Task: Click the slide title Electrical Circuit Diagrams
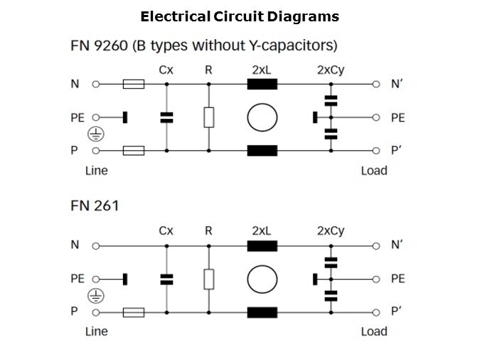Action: click(240, 16)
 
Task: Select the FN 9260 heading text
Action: click(203, 46)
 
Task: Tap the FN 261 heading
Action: click(95, 206)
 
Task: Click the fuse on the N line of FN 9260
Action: click(134, 84)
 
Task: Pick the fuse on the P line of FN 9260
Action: click(134, 151)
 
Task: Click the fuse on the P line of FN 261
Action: click(134, 312)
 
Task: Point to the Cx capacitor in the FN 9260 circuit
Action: click(166, 117)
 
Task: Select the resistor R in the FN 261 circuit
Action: click(208, 279)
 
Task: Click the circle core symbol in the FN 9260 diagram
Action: click(262, 117)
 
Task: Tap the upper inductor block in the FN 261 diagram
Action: click(262, 245)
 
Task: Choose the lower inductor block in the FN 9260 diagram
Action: click(262, 151)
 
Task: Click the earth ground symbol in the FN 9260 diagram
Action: click(95, 134)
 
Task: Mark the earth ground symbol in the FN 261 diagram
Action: click(95, 295)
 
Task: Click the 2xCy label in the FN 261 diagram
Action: click(331, 231)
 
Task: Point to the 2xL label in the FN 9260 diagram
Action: click(262, 70)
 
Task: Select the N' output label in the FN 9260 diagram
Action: click(397, 84)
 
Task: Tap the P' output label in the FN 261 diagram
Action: click(397, 312)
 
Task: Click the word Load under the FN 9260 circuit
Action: click(374, 171)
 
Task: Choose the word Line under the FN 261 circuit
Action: click(97, 332)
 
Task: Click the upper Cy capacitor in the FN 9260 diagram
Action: click(331, 100)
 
